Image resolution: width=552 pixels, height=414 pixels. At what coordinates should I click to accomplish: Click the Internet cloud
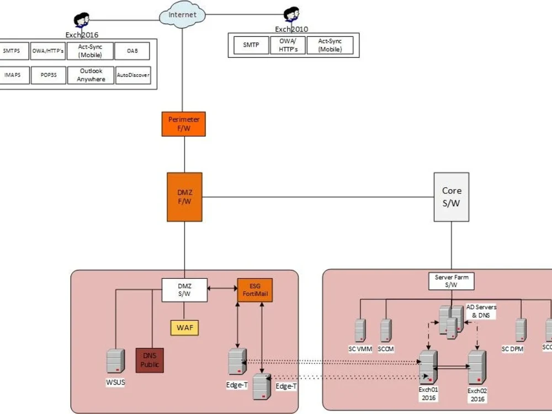[183, 15]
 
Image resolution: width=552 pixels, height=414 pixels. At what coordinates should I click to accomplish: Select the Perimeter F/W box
[184, 124]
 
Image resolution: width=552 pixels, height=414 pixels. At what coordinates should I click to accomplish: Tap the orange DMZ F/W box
[184, 197]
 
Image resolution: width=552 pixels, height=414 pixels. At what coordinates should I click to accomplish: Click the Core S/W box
[452, 197]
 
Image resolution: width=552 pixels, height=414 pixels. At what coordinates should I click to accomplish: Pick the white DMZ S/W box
[184, 290]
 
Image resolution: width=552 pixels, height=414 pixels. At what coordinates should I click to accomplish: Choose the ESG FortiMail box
[255, 290]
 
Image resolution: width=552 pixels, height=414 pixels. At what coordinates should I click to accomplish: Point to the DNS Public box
[150, 360]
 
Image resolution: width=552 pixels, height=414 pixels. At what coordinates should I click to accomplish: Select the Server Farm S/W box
[452, 281]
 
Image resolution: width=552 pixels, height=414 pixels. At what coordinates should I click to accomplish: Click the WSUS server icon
[115, 361]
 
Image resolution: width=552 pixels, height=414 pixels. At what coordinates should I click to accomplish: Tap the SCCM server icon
[386, 330]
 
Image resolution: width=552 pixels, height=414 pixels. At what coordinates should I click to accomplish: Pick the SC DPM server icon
[521, 330]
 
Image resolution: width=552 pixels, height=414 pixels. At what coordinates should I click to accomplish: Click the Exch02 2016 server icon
[477, 367]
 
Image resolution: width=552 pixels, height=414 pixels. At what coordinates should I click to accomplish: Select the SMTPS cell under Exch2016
[12, 51]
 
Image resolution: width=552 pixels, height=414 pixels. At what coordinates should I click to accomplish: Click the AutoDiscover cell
[132, 75]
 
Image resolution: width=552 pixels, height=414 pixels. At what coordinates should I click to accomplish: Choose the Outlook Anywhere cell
[91, 75]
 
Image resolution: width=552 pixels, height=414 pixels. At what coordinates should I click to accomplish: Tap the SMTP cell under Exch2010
[251, 45]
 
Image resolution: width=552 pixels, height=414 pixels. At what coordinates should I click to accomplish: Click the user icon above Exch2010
[291, 16]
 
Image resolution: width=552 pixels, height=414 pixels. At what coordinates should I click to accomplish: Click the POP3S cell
[49, 75]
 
